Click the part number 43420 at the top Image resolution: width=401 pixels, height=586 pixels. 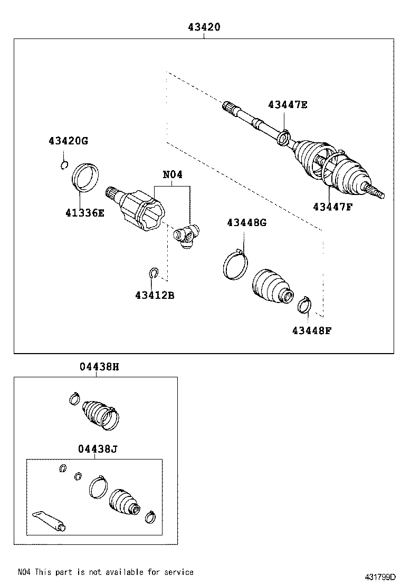(x=204, y=27)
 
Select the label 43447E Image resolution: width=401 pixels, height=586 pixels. (x=288, y=105)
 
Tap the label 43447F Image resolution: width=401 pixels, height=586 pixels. (x=333, y=207)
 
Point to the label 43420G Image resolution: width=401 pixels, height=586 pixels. (x=69, y=141)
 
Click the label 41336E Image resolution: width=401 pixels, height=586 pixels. (x=85, y=213)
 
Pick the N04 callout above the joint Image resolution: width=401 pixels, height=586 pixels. (x=173, y=174)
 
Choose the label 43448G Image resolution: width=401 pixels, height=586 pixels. (x=247, y=223)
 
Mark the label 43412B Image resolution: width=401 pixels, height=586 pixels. (x=155, y=295)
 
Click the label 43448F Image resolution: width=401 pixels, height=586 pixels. (x=312, y=330)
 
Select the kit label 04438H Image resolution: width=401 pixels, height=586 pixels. (x=99, y=367)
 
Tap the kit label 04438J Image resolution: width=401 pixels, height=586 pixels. (x=98, y=448)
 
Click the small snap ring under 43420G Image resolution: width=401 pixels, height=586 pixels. (x=64, y=165)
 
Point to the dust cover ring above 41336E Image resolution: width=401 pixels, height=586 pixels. (x=85, y=178)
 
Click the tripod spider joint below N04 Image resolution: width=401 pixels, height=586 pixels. (x=186, y=236)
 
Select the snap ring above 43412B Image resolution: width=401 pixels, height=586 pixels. (x=153, y=273)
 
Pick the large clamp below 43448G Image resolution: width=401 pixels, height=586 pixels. (x=235, y=265)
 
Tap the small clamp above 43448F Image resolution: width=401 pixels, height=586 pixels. (x=304, y=305)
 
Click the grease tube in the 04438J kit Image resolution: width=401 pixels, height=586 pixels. (x=49, y=521)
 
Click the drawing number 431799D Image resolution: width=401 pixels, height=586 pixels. (x=380, y=577)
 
